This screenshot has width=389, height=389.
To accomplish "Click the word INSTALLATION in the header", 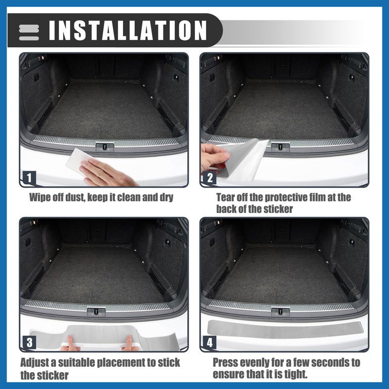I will click(x=128, y=30).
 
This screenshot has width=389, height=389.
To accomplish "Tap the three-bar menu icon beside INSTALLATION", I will click(x=29, y=32).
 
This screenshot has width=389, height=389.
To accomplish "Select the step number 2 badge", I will click(x=210, y=177).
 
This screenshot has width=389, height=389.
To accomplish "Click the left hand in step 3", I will click(x=71, y=344).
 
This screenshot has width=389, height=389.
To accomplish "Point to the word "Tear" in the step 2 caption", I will click(x=227, y=198).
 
